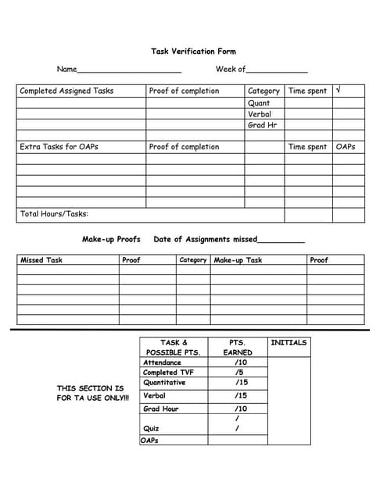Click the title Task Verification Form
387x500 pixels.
pos(193,52)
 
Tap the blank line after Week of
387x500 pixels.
pos(277,70)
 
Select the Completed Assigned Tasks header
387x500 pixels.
pos(66,91)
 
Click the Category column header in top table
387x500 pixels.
pos(263,91)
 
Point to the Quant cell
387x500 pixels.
pos(259,102)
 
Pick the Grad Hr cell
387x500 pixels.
pos(262,125)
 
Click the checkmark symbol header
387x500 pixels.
pos(338,91)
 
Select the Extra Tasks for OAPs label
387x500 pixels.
pos(59,147)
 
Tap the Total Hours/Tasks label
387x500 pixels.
pos(53,214)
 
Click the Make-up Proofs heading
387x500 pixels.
pos(111,239)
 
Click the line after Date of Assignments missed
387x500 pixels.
pos(281,241)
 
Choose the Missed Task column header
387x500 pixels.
pos(41,260)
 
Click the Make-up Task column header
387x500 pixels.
pos(238,260)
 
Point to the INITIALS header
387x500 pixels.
pos(288,342)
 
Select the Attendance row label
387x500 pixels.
pos(162,362)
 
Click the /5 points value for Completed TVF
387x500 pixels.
pos(240,373)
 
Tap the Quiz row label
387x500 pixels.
pos(151,428)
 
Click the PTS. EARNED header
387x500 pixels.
pos(237,347)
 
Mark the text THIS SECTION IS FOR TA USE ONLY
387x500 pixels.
pos(90,393)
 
